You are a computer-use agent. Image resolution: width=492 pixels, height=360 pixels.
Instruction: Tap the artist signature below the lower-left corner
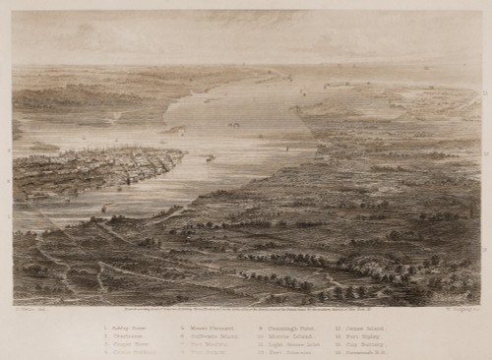click(x=24, y=308)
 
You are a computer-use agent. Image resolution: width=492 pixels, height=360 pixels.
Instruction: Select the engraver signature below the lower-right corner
click(x=463, y=308)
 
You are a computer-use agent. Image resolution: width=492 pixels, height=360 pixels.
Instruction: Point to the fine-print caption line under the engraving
click(x=246, y=308)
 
